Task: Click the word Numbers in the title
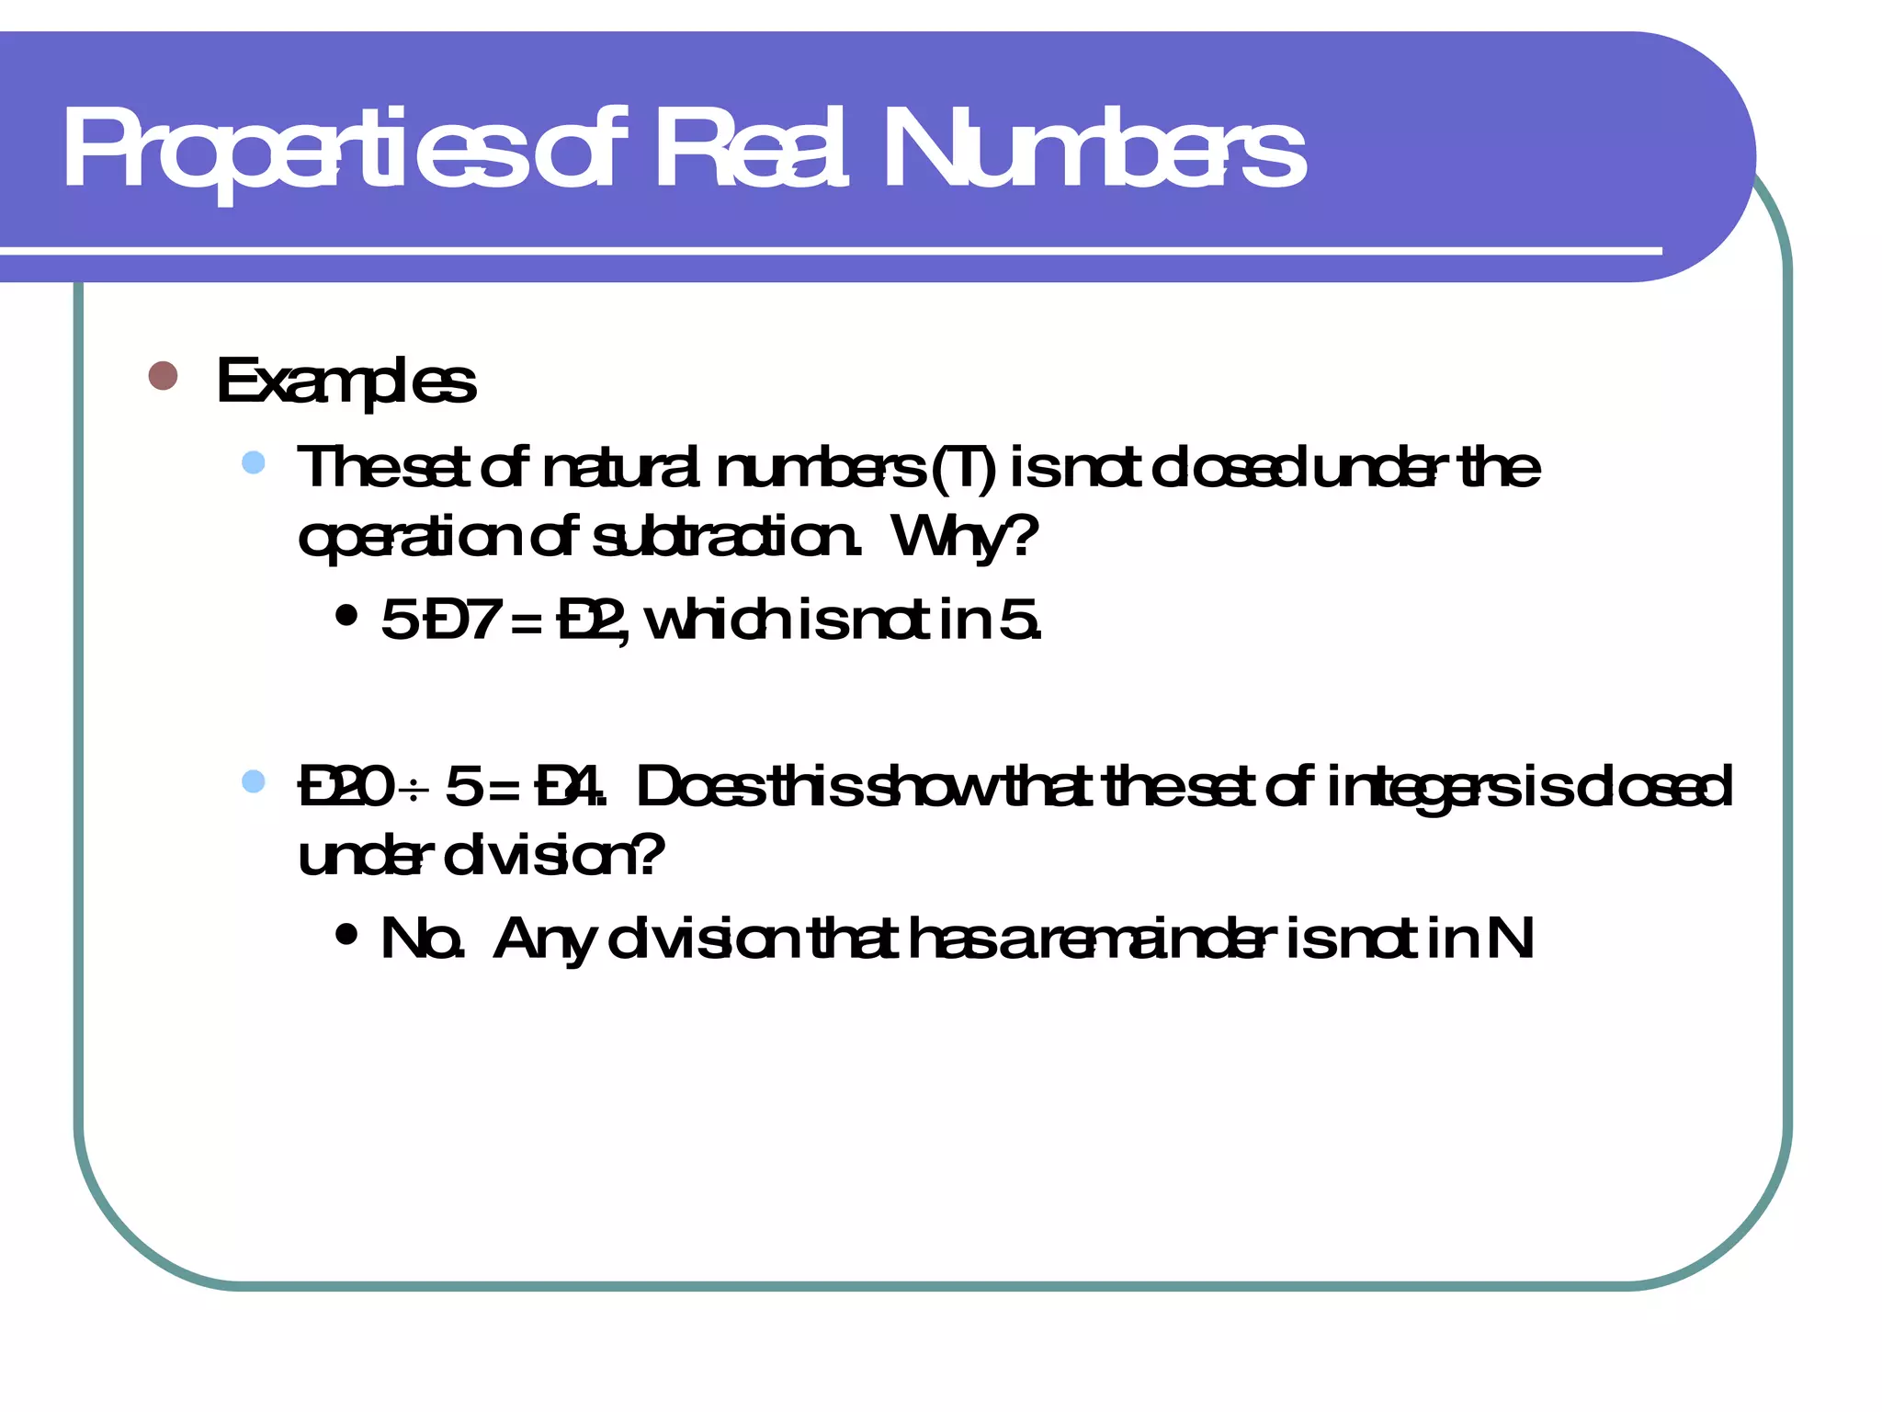[x=1094, y=149]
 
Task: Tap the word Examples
[x=346, y=381]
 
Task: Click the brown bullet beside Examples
[x=163, y=376]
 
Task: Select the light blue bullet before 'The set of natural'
[x=254, y=462]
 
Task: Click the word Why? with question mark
[x=964, y=537]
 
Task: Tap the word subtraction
[x=726, y=537]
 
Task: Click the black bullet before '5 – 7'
[x=346, y=616]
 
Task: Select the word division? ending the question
[x=553, y=857]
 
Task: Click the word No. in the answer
[x=422, y=939]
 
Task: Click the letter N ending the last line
[x=1510, y=939]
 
